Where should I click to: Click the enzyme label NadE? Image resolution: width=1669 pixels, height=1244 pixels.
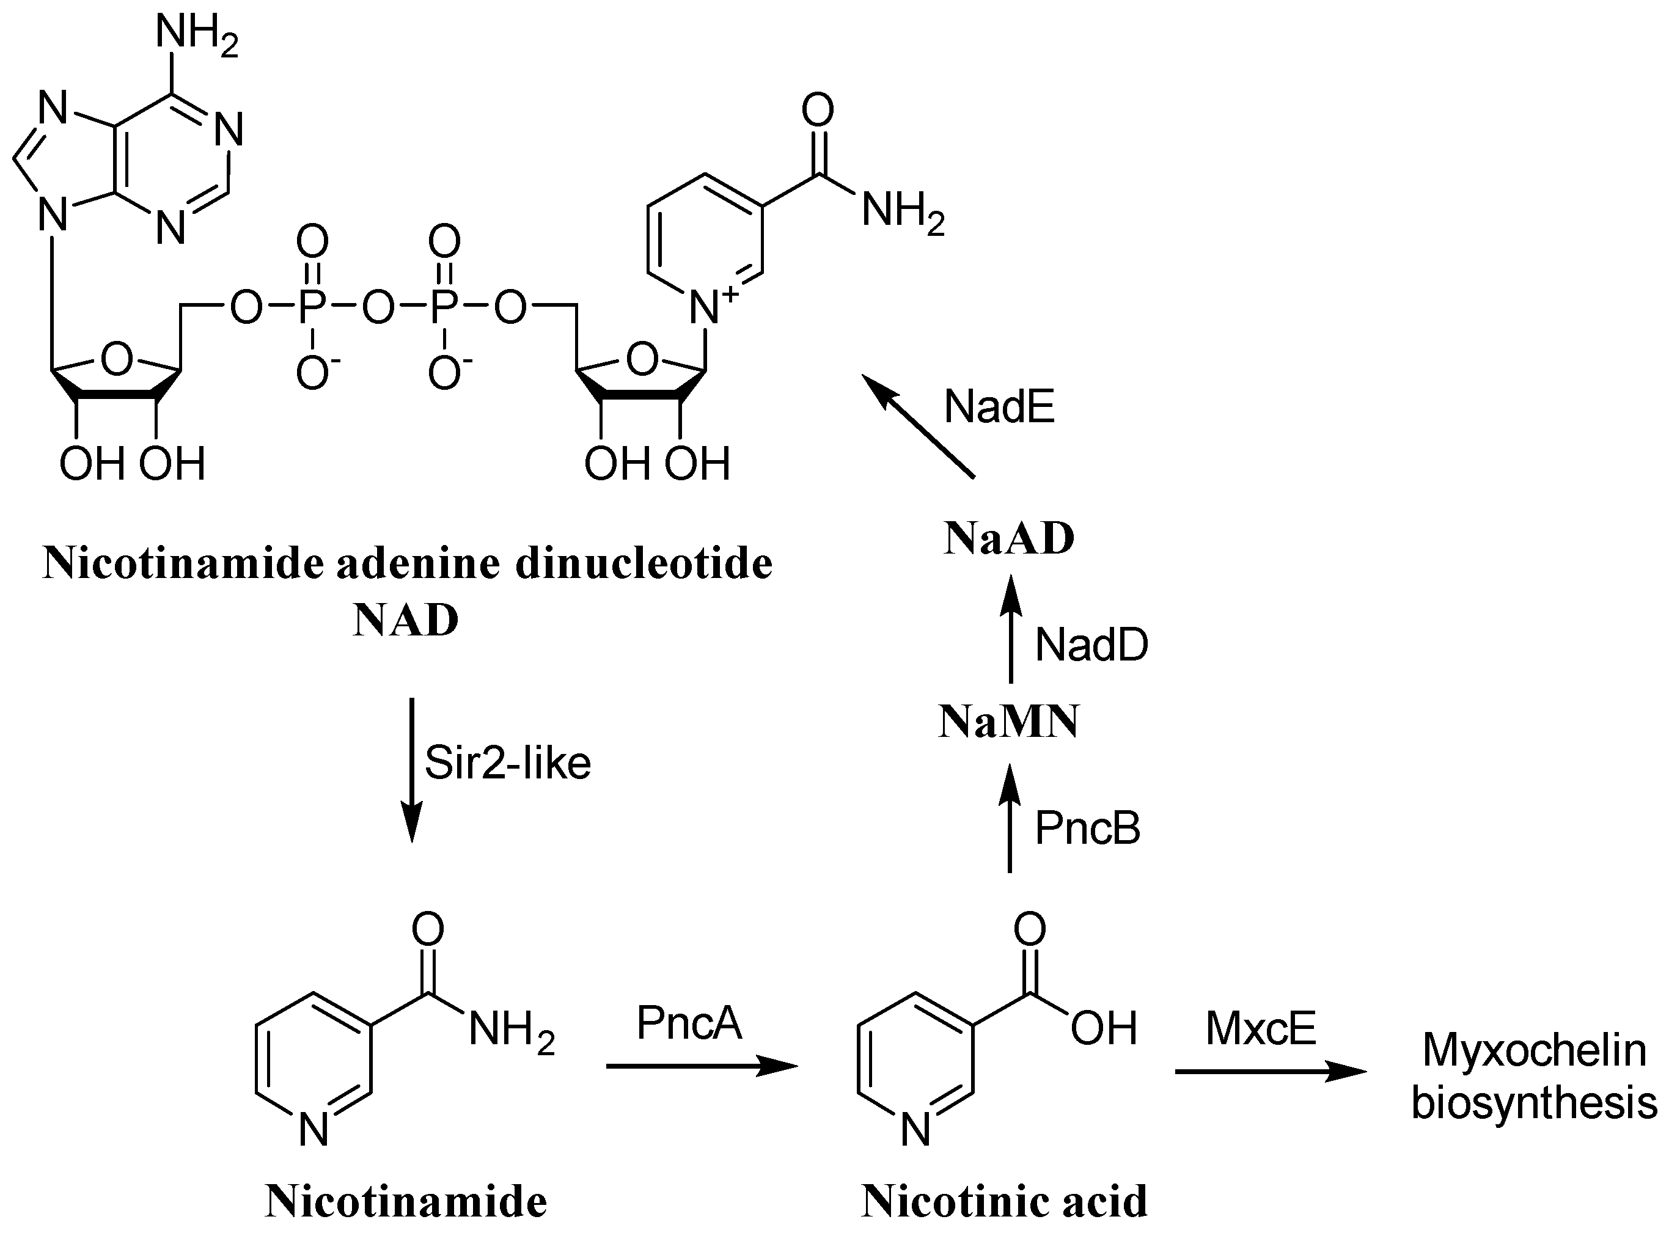[x=999, y=408]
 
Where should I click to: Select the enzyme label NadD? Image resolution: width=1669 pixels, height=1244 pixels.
[x=1091, y=645]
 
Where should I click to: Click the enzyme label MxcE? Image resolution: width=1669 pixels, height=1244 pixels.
[x=1260, y=1028]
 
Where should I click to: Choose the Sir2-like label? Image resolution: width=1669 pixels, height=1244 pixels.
[x=507, y=763]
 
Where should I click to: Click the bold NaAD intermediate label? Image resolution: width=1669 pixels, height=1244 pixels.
[x=1008, y=539]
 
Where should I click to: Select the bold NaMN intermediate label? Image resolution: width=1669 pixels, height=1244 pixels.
[x=1008, y=722]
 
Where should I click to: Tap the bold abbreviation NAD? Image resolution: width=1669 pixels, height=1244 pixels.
[x=405, y=621]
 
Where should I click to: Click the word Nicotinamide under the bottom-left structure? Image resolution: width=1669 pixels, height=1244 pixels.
[x=406, y=1201]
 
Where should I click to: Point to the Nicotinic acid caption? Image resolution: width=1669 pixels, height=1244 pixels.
[x=1004, y=1201]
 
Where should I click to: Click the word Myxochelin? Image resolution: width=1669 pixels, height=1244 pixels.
[x=1533, y=1050]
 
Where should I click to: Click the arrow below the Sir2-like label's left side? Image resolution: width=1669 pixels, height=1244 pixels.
[x=411, y=769]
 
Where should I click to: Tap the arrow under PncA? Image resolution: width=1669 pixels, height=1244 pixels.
[x=700, y=1066]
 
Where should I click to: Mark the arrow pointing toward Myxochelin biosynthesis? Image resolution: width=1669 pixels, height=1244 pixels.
[x=1270, y=1071]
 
